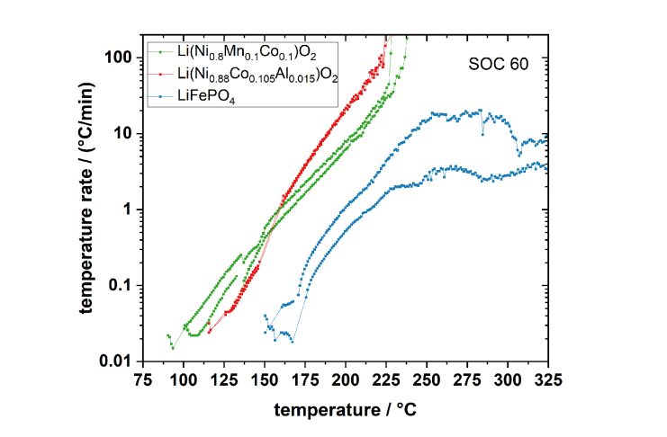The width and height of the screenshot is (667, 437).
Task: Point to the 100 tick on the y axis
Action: [119, 57]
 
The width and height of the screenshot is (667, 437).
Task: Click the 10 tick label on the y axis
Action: [123, 133]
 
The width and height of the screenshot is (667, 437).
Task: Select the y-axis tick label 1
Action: [128, 210]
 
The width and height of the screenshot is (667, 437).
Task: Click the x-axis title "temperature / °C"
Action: [346, 408]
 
